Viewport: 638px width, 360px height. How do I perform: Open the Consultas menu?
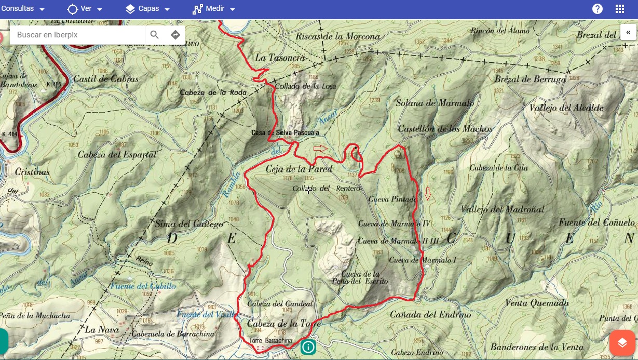(x=22, y=9)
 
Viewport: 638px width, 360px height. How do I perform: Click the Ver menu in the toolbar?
(x=85, y=9)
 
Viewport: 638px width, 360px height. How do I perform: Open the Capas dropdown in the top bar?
(x=147, y=9)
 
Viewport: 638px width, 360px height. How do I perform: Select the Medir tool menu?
(x=213, y=9)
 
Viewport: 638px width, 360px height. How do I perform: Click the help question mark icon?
(x=598, y=9)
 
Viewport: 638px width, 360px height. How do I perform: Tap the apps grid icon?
(x=619, y=9)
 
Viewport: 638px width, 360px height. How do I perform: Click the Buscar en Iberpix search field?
(x=78, y=35)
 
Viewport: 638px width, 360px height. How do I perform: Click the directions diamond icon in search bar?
(x=175, y=35)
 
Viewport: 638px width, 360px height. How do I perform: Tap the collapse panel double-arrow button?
(x=628, y=32)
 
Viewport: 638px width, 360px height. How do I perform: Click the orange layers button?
(x=622, y=343)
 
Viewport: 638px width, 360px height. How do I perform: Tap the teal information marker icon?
(x=308, y=346)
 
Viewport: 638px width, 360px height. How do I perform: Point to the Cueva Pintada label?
(x=392, y=199)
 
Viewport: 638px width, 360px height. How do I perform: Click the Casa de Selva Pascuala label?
(x=285, y=133)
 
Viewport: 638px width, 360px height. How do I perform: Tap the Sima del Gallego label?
(x=189, y=224)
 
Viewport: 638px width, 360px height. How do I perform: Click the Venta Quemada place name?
(x=537, y=303)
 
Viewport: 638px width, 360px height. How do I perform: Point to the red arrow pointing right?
(x=321, y=149)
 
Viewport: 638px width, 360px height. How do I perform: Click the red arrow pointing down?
(x=428, y=194)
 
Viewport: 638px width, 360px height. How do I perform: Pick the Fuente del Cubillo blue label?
(x=143, y=286)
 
